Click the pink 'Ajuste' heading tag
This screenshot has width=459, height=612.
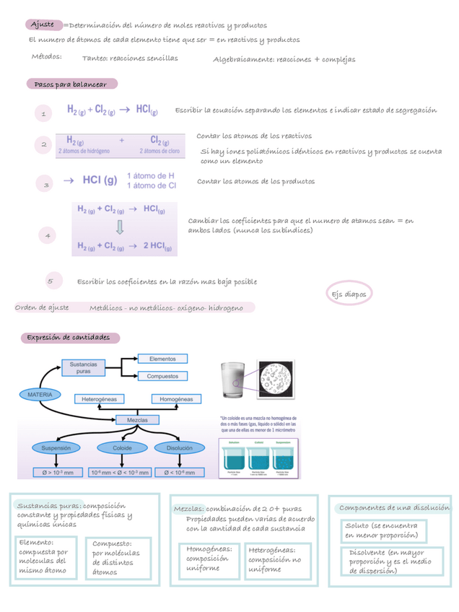coord(43,25)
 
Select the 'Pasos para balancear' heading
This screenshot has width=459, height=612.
coord(71,84)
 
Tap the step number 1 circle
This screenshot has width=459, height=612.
coord(44,114)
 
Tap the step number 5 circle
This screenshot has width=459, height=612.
coord(50,281)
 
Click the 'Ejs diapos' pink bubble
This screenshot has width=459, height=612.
coord(349,294)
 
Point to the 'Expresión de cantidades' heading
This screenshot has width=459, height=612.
coord(69,338)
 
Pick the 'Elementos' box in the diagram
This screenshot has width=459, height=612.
coord(162,358)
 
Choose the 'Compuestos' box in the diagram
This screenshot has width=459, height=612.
coord(162,376)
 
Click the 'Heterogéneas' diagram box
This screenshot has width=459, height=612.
coord(99,398)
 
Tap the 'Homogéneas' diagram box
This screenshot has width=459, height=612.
coord(180,398)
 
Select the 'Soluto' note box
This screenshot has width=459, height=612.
coord(383,530)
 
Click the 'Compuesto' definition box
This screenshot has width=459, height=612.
coord(118,558)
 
